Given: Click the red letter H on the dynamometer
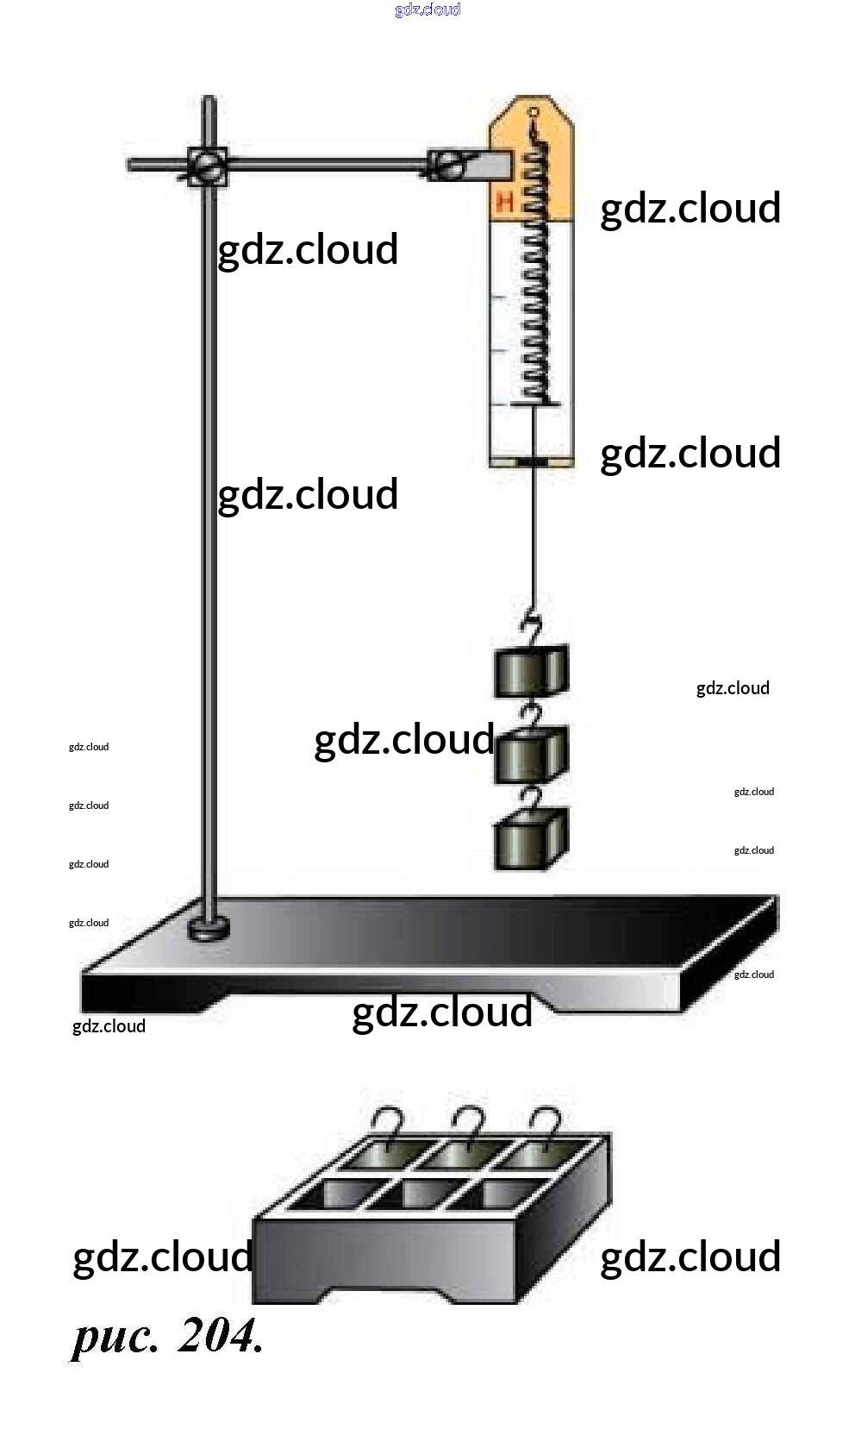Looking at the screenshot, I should tap(505, 204).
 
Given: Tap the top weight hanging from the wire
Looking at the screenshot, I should tap(531, 670).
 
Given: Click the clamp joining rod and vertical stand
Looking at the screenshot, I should tap(207, 165).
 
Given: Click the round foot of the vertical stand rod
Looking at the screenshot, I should tap(209, 929).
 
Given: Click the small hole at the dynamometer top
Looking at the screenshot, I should tap(534, 111).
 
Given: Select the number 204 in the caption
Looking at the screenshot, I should tap(220, 1336).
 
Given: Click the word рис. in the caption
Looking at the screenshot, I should tap(115, 1338).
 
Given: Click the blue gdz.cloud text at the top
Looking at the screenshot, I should tap(427, 9).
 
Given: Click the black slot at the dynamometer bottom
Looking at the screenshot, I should tap(533, 463).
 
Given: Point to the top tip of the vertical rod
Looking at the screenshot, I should tap(208, 100).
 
